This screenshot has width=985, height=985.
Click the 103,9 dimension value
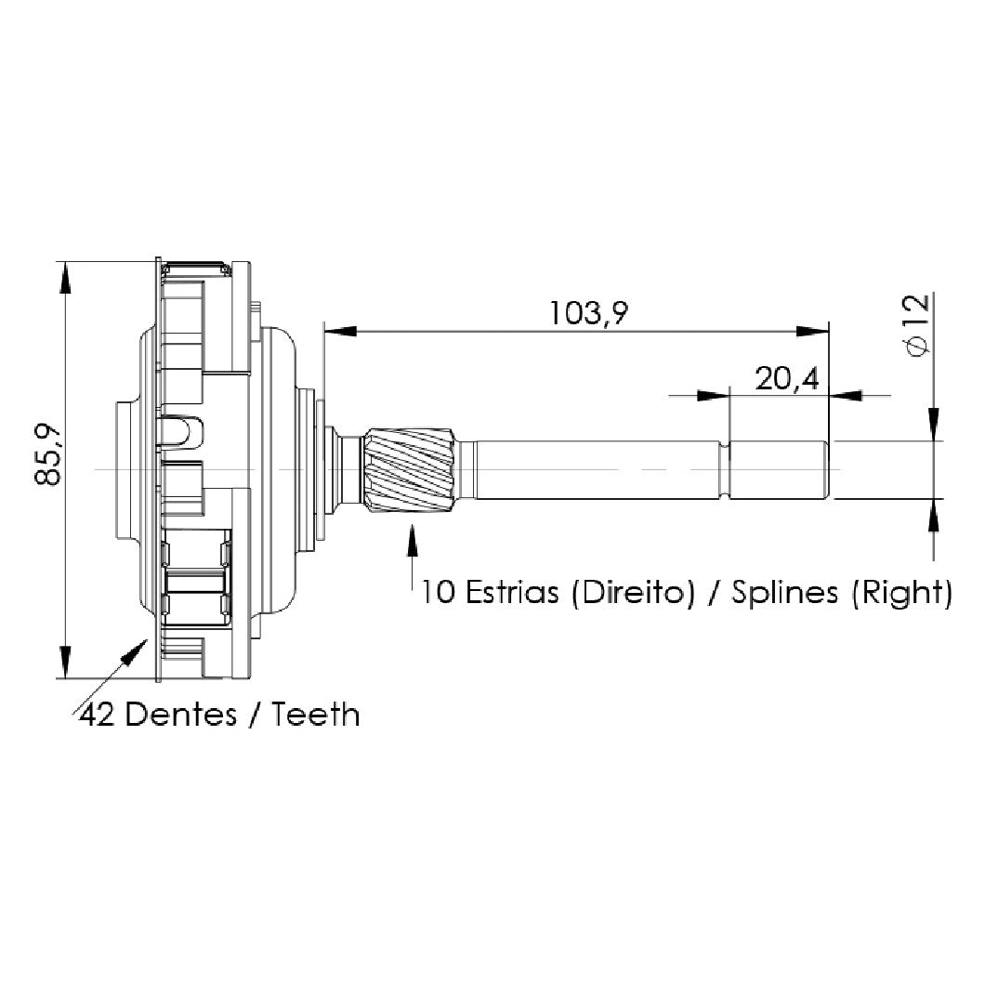[588, 313]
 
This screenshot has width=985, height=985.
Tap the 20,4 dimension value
[786, 379]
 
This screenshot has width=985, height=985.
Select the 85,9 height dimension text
[47, 454]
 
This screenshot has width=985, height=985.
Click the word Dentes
[180, 715]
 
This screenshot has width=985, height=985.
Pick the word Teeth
[315, 715]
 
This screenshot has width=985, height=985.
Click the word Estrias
[511, 592]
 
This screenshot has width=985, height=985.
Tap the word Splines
[784, 593]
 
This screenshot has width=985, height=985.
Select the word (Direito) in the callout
[633, 593]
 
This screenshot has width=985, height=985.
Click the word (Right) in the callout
[902, 593]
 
